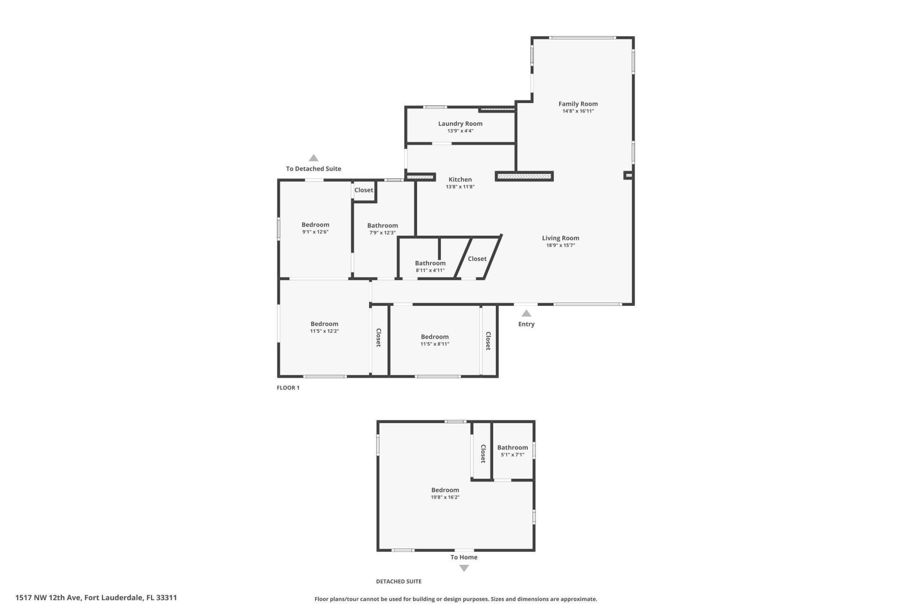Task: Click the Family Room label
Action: [x=578, y=104]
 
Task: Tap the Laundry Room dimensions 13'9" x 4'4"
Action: [x=460, y=131]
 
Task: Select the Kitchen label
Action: [x=460, y=180]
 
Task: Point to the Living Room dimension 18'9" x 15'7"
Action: [x=560, y=246]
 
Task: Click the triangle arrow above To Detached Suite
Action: [x=313, y=158]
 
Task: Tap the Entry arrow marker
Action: [x=526, y=313]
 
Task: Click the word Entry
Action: [x=526, y=324]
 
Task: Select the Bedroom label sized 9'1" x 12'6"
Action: [x=315, y=225]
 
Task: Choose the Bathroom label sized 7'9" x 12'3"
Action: [x=382, y=226]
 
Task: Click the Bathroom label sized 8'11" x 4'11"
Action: [x=430, y=263]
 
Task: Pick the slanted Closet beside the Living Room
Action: [x=477, y=259]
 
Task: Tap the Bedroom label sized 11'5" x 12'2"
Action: [x=324, y=324]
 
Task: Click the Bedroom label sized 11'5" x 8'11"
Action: [x=434, y=337]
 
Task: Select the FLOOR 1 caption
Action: [x=288, y=388]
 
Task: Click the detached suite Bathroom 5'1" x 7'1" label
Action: [x=512, y=447]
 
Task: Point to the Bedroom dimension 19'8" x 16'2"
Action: [x=445, y=497]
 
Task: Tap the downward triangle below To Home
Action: [x=464, y=568]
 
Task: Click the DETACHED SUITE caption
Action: [x=399, y=581]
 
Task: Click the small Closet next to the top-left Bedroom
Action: [x=363, y=190]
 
